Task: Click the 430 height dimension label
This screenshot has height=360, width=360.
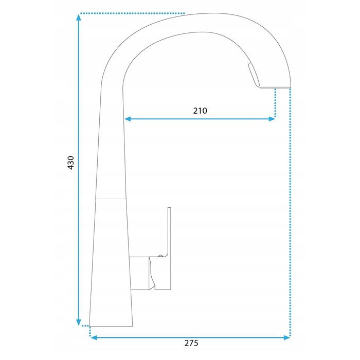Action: pos(71,163)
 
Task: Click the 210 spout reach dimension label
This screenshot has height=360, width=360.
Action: pos(200,111)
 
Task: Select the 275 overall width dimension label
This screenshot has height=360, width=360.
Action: pos(191,343)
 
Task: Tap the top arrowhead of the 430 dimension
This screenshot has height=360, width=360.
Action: pos(79,17)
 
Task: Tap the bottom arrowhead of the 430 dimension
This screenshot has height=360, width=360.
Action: pos(79,322)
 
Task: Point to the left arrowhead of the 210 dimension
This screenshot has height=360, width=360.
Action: pos(128,119)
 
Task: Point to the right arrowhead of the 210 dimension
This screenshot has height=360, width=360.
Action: pos(272,119)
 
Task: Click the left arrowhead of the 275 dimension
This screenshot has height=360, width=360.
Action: pos(94,337)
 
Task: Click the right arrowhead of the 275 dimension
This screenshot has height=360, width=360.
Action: pos(287,337)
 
